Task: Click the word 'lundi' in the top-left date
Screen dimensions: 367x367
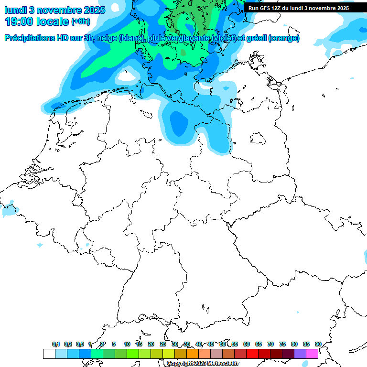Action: (16, 10)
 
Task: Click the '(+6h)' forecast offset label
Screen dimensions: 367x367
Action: (80, 22)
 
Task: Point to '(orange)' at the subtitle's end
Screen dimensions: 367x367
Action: (284, 38)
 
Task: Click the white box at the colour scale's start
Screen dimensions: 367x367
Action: (49, 354)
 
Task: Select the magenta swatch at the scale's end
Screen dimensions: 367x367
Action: (312, 354)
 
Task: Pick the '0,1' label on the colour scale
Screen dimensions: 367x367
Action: (56, 345)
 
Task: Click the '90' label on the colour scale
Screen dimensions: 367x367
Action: (318, 345)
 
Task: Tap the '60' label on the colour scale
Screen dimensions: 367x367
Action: (247, 345)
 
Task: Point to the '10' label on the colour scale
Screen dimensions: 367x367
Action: (127, 345)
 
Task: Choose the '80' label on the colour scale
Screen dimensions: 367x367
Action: (294, 345)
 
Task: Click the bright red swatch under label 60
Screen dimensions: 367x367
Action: (252, 354)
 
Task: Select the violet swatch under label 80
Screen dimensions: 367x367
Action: (300, 354)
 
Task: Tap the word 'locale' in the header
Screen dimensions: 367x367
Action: (52, 22)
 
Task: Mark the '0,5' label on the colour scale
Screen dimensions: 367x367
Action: (80, 345)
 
